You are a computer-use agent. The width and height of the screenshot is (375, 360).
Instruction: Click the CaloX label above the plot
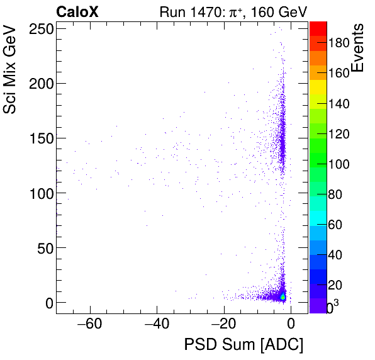point(77,11)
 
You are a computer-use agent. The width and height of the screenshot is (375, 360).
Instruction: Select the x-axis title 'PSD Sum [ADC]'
point(243,345)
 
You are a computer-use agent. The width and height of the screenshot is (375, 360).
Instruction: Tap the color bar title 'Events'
point(358,48)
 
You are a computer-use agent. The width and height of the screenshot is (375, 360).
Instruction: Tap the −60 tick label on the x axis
point(89,325)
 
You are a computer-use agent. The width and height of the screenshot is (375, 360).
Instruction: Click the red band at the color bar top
point(318,28)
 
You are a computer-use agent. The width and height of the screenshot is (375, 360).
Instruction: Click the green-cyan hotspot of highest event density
point(283,296)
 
